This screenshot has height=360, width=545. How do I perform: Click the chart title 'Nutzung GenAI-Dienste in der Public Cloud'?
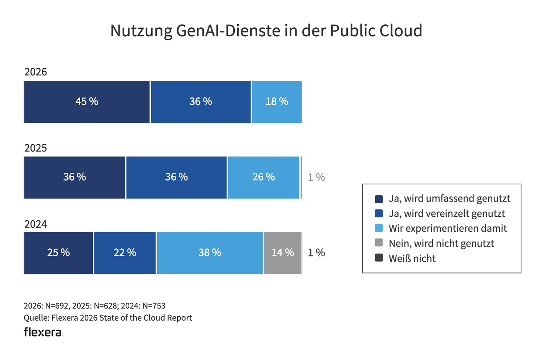266,31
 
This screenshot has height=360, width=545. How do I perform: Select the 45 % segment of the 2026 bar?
87,102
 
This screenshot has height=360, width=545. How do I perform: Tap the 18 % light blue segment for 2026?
276,102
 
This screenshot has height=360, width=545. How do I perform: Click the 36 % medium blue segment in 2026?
201,102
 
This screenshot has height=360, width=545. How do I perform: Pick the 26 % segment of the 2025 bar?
263,177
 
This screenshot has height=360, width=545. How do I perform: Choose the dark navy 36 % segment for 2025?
74,177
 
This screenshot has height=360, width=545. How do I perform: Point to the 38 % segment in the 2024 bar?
210,253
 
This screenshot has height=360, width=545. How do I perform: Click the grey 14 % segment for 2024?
283,253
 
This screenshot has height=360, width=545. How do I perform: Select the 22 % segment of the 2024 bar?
125,253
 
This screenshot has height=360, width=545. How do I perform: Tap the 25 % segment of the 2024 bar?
58,253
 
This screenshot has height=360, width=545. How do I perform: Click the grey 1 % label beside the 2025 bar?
316,177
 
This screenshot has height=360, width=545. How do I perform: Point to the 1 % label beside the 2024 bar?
316,253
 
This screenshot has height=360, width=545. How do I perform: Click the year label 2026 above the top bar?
36,72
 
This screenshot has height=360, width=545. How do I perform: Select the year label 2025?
36,148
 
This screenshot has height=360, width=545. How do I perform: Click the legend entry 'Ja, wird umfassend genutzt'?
449,199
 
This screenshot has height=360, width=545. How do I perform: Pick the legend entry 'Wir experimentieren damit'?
448,228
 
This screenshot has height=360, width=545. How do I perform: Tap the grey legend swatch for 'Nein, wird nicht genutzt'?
379,243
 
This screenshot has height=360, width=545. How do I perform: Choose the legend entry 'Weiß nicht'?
412,259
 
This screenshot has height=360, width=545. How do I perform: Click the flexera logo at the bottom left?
43,332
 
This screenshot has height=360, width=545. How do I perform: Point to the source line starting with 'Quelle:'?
108,318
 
